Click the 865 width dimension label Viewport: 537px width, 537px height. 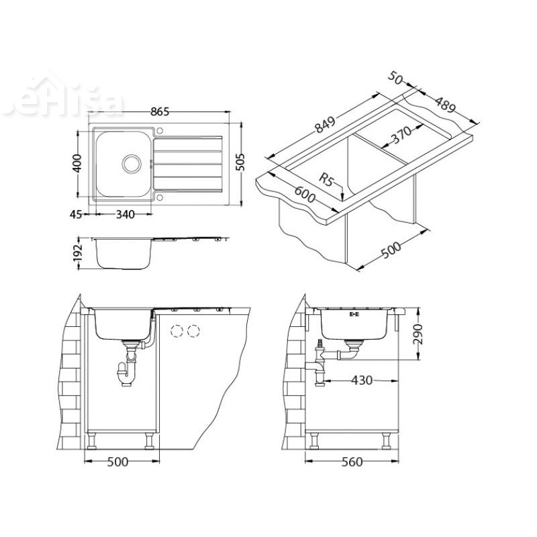coord(159,112)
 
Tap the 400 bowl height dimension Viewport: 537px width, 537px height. coord(78,162)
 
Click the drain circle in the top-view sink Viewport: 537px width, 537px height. coord(132,162)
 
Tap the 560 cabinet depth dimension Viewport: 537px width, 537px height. coord(351,462)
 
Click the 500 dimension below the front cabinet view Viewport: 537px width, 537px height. coord(119,462)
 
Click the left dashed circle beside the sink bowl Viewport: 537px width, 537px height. coord(178,331)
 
